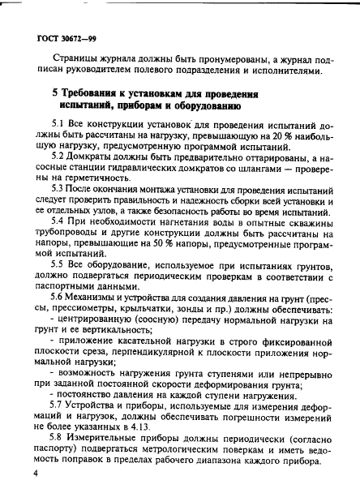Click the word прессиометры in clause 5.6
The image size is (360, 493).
click(x=96, y=310)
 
